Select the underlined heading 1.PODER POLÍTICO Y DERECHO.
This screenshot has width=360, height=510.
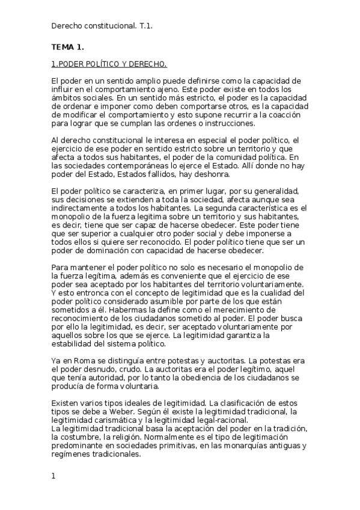click(x=109, y=63)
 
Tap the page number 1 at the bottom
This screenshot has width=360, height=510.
click(x=53, y=476)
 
